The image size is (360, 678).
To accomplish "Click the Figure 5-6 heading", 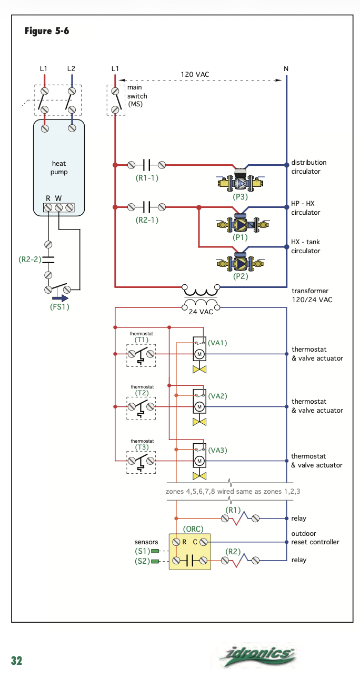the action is tap(47, 31).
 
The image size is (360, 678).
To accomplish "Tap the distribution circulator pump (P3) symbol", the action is tap(240, 181).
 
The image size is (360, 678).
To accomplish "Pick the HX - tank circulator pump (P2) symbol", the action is tap(241, 263).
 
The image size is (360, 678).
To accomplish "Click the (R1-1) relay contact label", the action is tap(147, 178).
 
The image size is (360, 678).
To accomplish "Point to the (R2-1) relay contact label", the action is tap(147, 220).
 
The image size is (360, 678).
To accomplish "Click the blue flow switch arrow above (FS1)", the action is tap(60, 298).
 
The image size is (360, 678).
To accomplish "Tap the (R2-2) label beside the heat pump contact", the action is tap(29, 260).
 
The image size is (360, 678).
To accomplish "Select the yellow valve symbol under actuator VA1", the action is tap(199, 370).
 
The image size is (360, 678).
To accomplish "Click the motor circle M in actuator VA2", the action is tap(199, 406).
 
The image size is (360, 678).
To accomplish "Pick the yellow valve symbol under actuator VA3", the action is tap(199, 476).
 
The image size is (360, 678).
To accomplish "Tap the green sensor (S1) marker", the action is tap(155, 551).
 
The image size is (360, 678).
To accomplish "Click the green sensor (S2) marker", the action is tap(155, 562).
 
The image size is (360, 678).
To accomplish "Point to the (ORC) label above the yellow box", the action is tap(193, 529).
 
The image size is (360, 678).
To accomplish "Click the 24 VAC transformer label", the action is tap(201, 312).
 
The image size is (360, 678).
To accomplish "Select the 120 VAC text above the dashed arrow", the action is tap(195, 74).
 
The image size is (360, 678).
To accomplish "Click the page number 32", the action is tap(17, 661).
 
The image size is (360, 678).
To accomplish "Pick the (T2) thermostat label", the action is tap(142, 393).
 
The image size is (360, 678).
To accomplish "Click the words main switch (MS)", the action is tap(137, 96).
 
